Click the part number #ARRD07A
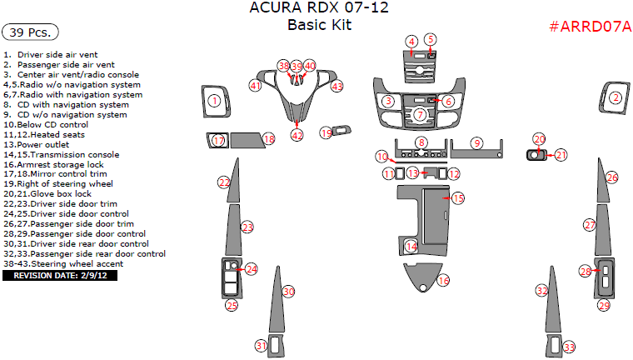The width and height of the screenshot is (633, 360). point(590,27)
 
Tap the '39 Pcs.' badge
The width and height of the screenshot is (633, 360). point(32,33)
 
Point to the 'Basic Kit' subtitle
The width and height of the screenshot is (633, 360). point(320,25)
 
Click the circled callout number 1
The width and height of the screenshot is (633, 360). point(214,101)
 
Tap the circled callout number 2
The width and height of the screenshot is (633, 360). point(616,97)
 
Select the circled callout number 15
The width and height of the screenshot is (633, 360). point(457,197)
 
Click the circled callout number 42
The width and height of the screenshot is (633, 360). point(297,135)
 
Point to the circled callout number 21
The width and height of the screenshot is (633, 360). point(561,155)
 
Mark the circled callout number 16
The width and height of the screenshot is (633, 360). point(443,281)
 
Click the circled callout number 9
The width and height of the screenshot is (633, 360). point(476,142)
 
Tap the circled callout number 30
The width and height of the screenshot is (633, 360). point(289,292)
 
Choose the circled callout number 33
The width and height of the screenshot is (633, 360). point(569,347)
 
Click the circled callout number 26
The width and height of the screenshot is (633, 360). point(612,177)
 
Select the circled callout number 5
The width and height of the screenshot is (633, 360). point(430,39)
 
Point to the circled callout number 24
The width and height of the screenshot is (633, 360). point(252,269)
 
